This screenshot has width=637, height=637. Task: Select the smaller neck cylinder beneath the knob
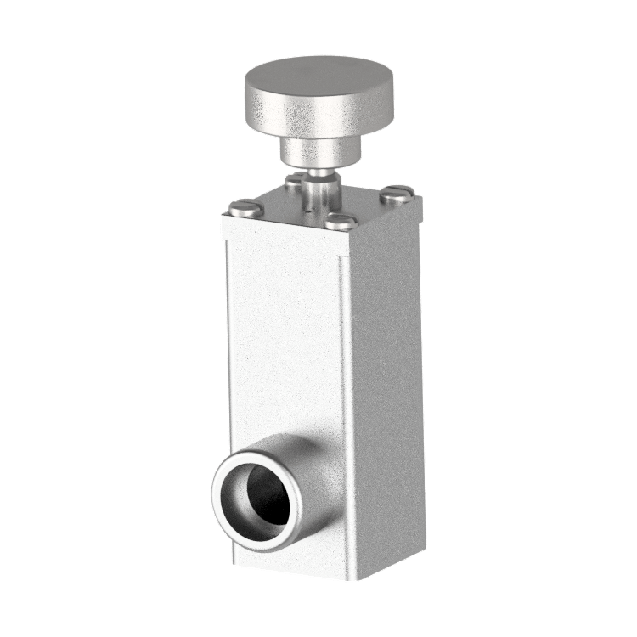319,152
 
